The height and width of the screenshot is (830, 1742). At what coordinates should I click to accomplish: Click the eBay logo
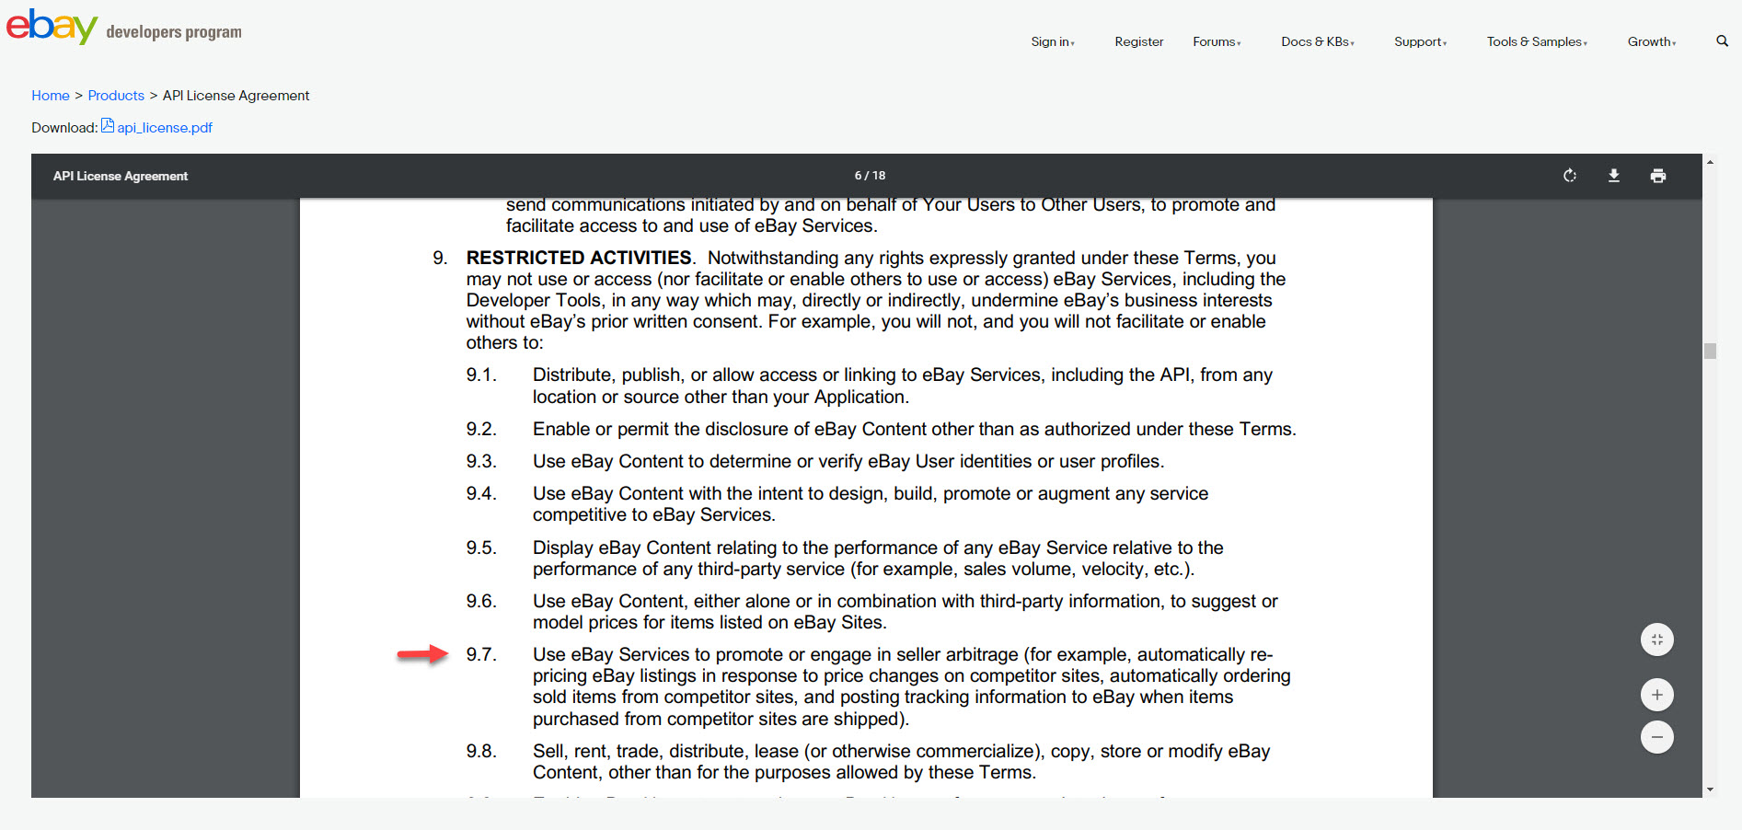click(x=52, y=26)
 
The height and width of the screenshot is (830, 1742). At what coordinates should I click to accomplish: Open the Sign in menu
click(x=1052, y=41)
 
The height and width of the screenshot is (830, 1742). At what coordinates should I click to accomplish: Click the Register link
click(x=1138, y=41)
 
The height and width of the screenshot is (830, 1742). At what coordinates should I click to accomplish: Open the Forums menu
click(x=1217, y=41)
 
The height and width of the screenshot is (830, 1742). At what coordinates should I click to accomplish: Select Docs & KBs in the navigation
click(x=1317, y=41)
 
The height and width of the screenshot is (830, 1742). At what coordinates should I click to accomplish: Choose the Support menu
click(x=1420, y=41)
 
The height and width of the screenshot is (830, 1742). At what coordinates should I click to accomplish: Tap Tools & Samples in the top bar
click(x=1537, y=41)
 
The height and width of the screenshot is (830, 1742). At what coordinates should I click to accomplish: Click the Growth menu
click(x=1651, y=41)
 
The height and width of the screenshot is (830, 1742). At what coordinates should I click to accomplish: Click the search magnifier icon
click(x=1722, y=40)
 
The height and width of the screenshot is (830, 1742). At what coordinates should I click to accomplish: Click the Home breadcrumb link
click(x=51, y=96)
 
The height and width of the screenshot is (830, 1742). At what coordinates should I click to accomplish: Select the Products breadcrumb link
click(x=116, y=96)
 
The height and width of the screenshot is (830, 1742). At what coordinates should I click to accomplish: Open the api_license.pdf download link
click(x=164, y=127)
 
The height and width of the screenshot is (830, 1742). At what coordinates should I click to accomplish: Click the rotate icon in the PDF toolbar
click(x=1570, y=176)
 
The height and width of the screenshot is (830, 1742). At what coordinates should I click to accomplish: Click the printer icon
click(x=1658, y=176)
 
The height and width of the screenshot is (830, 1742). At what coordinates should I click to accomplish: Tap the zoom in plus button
click(x=1656, y=695)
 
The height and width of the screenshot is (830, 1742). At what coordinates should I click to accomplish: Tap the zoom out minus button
click(x=1656, y=737)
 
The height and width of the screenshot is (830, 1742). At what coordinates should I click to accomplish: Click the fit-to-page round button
click(x=1656, y=640)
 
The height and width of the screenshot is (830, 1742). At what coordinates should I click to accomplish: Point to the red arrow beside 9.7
click(x=422, y=654)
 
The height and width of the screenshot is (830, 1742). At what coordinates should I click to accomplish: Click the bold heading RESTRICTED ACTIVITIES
click(x=579, y=258)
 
